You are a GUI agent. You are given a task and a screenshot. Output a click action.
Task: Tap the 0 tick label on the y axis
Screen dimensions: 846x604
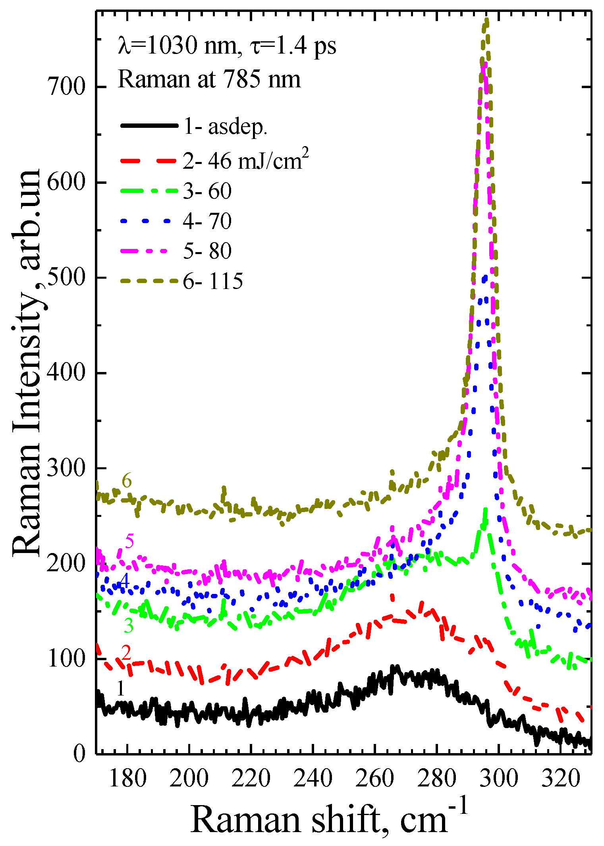pyautogui.click(x=79, y=753)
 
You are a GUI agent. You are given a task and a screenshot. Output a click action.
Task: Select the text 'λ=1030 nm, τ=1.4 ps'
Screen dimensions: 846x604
pyautogui.click(x=227, y=46)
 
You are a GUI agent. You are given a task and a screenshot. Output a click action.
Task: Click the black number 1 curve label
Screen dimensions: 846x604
pyautogui.click(x=121, y=688)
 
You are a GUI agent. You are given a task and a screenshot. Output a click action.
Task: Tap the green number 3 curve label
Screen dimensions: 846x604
pyautogui.click(x=129, y=626)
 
